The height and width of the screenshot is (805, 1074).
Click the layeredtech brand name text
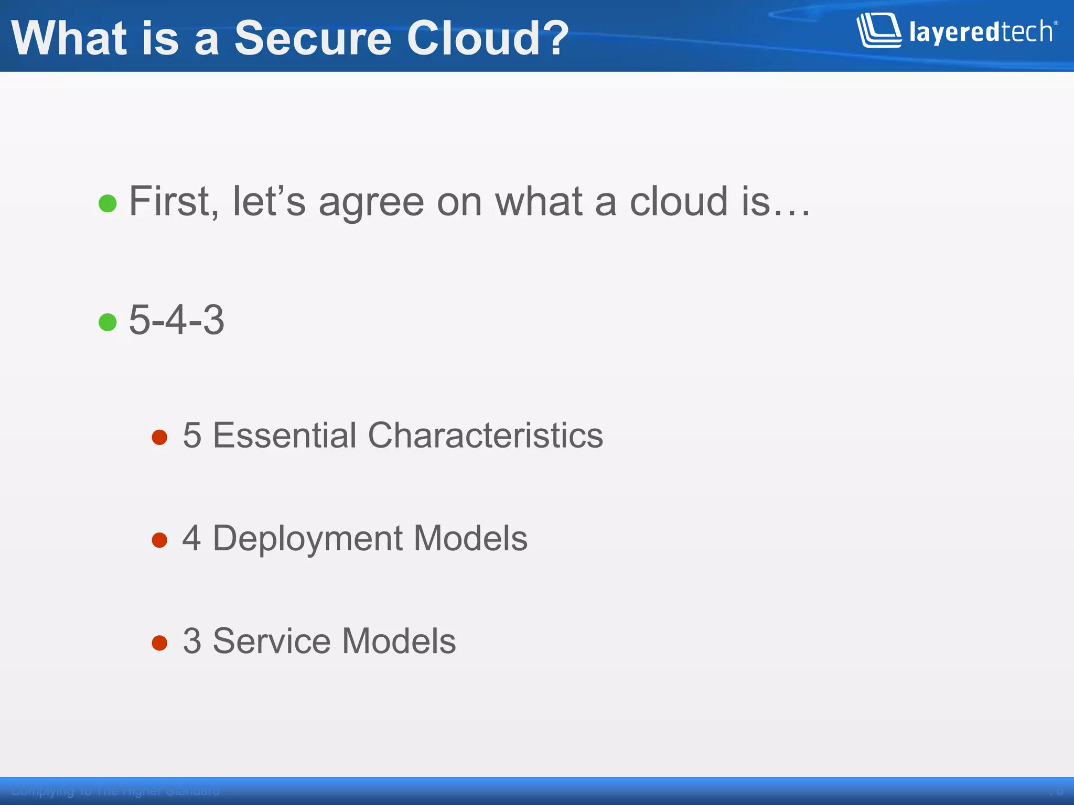coord(981,32)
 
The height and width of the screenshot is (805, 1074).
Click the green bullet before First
coord(108,203)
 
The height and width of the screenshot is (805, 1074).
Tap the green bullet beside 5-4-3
coord(108,322)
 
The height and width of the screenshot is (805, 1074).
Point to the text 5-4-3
coord(177,320)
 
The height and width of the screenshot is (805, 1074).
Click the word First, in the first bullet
coord(174,201)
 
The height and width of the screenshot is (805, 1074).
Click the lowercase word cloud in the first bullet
coord(679,201)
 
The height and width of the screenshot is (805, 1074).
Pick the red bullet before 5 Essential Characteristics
coord(159,437)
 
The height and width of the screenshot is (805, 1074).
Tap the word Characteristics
coord(486,435)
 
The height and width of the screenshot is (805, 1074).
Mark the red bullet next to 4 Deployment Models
coord(159,540)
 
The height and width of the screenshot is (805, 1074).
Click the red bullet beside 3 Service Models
coord(159,643)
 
